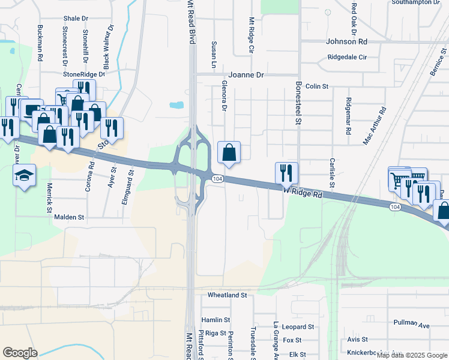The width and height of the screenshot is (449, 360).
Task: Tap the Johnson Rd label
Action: click(x=346, y=42)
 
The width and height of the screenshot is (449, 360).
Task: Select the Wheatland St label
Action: click(x=228, y=295)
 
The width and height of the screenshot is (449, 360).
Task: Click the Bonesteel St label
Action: click(x=297, y=103)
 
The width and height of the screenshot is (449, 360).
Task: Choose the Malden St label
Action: click(x=70, y=217)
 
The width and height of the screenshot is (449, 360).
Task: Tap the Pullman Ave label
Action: click(x=412, y=324)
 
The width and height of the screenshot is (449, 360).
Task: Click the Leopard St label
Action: click(x=298, y=327)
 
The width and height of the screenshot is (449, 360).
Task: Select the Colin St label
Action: click(x=316, y=86)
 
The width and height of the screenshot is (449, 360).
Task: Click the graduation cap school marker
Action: click(x=24, y=175)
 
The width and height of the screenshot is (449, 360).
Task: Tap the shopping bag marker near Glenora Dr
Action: click(x=229, y=153)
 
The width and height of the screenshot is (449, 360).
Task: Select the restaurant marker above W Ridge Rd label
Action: click(x=286, y=173)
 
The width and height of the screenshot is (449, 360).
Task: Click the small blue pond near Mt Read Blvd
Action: click(x=176, y=106)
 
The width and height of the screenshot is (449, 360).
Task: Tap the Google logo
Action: click(x=20, y=353)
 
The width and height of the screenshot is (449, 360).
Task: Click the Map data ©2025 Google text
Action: click(x=412, y=355)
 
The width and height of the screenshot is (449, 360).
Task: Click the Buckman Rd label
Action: click(x=40, y=44)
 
